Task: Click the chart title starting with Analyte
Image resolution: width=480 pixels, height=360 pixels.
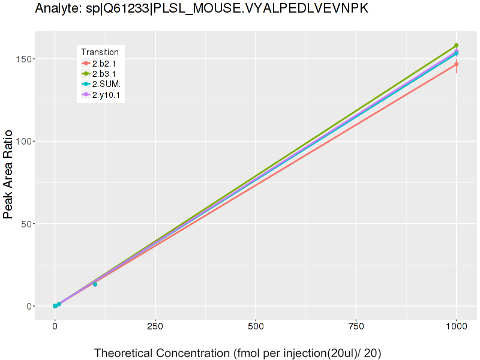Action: tap(202, 9)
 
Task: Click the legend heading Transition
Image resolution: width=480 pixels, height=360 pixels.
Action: tap(100, 52)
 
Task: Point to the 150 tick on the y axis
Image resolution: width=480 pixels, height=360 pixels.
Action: tap(24, 59)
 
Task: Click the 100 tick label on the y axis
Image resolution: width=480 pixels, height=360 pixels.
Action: tap(24, 142)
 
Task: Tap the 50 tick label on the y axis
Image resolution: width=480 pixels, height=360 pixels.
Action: tap(26, 224)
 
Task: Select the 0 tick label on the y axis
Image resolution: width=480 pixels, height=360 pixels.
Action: tap(29, 307)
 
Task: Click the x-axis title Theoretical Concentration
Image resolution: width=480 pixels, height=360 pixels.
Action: tap(238, 353)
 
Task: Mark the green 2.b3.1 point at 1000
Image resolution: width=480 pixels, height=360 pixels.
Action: tap(457, 46)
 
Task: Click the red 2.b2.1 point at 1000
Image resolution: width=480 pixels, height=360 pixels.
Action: tap(457, 64)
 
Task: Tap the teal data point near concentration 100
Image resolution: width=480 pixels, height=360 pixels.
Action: tap(95, 284)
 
